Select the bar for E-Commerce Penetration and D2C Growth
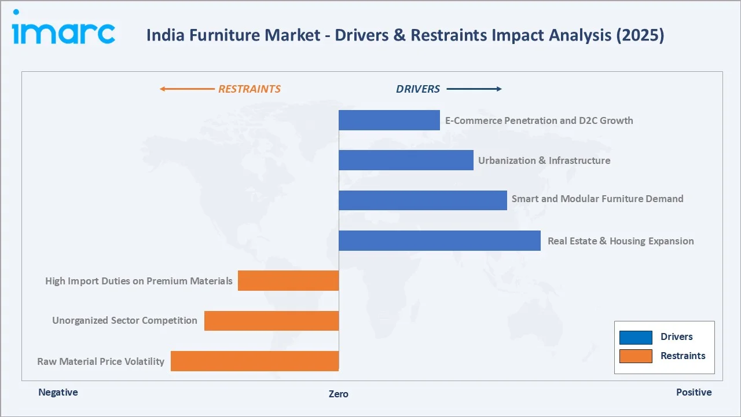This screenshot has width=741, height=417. click(389, 120)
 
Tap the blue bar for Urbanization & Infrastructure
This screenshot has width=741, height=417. click(406, 160)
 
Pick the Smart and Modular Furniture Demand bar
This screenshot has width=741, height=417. click(423, 200)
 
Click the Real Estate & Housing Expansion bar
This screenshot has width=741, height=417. click(439, 240)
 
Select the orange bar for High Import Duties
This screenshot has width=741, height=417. click(288, 280)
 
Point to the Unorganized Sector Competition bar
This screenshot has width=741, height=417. click(272, 320)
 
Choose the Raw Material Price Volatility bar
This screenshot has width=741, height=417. click(255, 361)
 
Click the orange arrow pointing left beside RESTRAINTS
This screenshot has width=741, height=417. click(186, 89)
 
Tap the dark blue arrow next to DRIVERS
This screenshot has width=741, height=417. click(474, 89)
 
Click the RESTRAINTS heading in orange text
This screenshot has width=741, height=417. click(249, 89)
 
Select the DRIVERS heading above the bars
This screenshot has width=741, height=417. click(417, 89)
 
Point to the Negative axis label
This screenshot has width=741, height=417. click(58, 392)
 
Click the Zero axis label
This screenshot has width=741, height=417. click(339, 394)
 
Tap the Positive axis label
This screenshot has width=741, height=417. click(694, 392)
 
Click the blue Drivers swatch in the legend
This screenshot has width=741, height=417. click(635, 337)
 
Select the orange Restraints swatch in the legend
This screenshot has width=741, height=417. click(635, 356)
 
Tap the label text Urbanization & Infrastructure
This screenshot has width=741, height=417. click(544, 160)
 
